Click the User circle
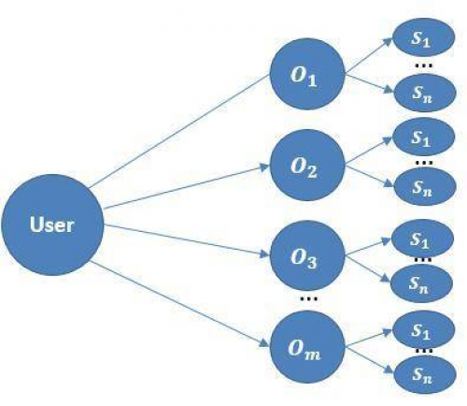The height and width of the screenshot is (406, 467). [52, 225]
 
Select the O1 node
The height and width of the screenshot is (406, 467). [307, 74]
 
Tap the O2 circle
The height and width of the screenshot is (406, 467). [307, 165]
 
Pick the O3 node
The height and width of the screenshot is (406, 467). [307, 255]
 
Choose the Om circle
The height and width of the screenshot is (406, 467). [307, 347]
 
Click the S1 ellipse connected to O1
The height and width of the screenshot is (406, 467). [423, 37]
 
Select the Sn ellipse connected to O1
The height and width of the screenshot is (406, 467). [425, 93]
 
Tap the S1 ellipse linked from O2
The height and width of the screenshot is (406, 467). [423, 137]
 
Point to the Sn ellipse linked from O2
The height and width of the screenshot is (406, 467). [425, 187]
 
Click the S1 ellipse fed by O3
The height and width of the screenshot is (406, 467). [422, 239]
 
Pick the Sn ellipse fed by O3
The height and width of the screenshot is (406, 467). [422, 283]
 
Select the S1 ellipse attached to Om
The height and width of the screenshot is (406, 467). [423, 329]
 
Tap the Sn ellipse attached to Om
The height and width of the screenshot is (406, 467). [425, 375]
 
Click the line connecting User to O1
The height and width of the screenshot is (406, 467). [179, 131]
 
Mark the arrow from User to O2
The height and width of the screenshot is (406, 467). [186, 187]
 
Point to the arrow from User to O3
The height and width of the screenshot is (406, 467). [186, 240]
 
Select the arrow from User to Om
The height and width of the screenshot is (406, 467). [179, 304]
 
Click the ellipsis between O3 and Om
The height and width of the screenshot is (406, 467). [308, 299]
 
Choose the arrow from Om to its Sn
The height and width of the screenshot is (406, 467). [370, 360]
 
